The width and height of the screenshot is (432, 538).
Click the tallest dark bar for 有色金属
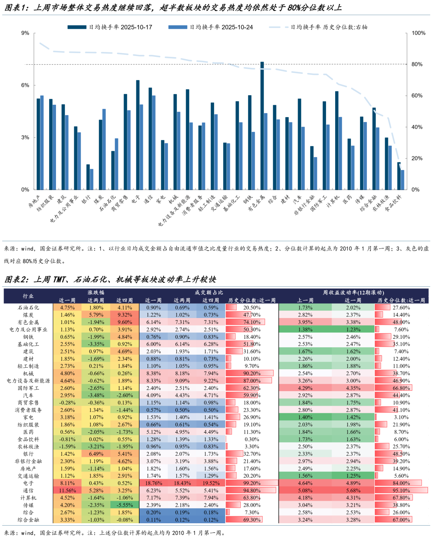(262, 126)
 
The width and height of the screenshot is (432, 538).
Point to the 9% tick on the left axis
(25, 33)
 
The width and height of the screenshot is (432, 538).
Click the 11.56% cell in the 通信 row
(67, 490)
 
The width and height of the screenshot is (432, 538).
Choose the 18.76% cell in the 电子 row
(154, 483)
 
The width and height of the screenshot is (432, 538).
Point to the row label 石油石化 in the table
(28, 308)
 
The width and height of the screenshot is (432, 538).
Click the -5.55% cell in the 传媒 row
(125, 505)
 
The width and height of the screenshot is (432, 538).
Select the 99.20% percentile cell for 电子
(252, 483)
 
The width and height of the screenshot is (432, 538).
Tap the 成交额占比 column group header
(209, 292)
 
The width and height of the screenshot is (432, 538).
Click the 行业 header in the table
(28, 296)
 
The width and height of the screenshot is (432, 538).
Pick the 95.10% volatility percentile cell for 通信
(401, 490)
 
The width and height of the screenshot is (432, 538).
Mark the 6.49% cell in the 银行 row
(96, 454)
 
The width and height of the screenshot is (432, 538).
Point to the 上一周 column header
(305, 300)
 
